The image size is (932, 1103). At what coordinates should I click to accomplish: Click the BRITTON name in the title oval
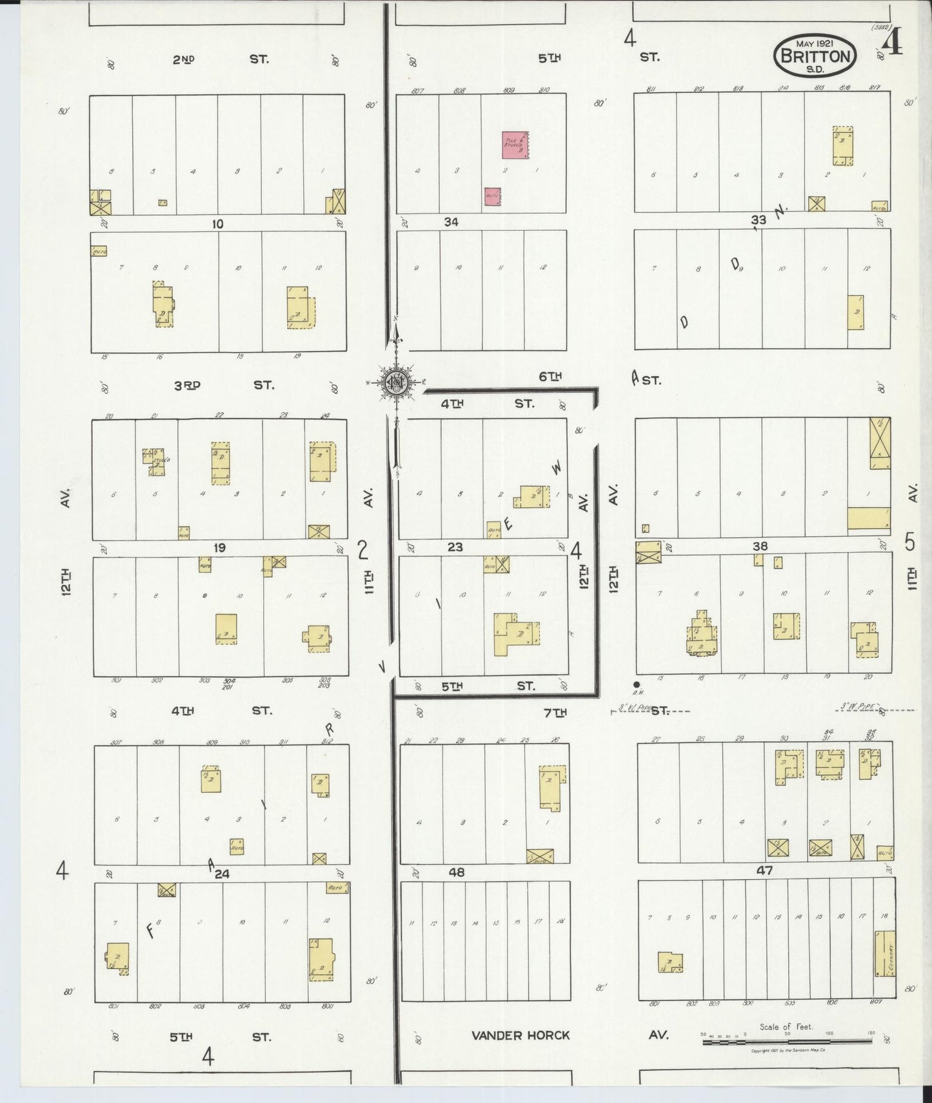point(815,56)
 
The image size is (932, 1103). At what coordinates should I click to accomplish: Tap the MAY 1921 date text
point(815,43)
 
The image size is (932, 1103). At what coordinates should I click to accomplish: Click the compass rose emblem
point(394,383)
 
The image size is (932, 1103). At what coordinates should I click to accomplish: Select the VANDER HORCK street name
point(521,1035)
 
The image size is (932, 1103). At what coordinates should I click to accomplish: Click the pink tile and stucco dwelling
point(515,145)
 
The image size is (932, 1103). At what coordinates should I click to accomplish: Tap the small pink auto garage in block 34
point(492,197)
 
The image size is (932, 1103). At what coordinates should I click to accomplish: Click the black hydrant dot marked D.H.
point(637,684)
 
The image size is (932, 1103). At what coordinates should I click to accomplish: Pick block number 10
point(217,224)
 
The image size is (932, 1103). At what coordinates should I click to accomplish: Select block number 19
point(219,548)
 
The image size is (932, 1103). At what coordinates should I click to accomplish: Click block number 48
point(457,872)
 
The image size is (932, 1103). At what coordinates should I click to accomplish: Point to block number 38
point(760,546)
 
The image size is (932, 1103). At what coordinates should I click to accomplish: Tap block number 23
point(455,547)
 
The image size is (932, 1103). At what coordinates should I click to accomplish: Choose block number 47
point(765,870)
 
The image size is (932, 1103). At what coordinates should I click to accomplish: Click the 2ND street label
point(183,59)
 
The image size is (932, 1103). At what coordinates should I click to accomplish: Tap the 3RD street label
point(187,385)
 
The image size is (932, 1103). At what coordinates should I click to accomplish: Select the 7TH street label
point(555,712)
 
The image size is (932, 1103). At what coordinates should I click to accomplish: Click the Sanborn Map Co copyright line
point(788,1050)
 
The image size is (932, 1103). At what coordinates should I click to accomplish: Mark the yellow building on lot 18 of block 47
point(885,953)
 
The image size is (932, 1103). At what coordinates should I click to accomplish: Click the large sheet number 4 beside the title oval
point(893,45)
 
